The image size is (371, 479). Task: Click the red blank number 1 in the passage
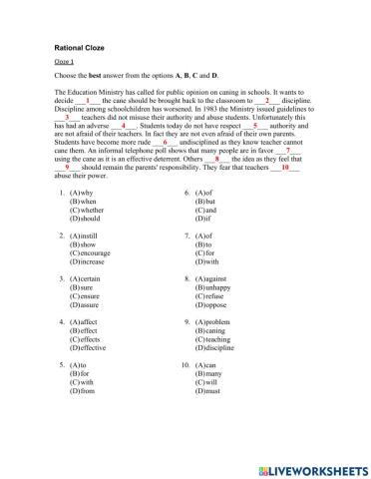(x=88, y=128)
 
